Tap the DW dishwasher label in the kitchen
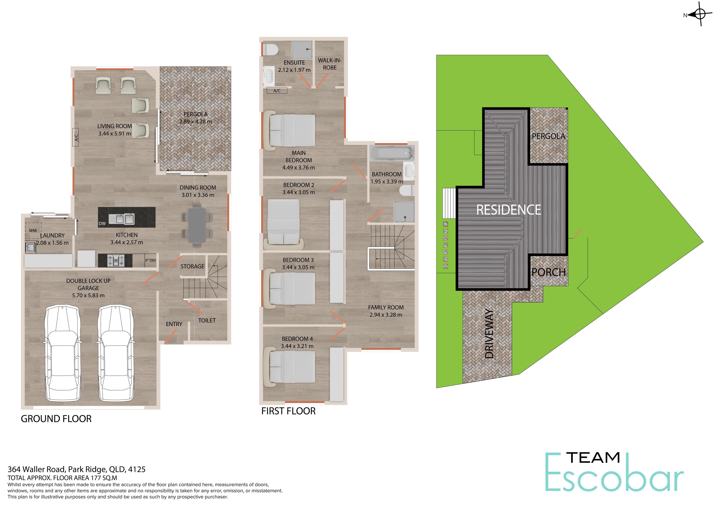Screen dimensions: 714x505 (x=102, y=223)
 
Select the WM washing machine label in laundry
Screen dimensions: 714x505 (x=33, y=231)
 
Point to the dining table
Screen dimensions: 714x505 (x=197, y=225)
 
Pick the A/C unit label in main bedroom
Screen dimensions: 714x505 (x=277, y=91)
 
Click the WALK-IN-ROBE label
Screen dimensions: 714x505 (x=330, y=64)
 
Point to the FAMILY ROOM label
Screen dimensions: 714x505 (x=386, y=307)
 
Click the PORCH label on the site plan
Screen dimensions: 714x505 (x=549, y=272)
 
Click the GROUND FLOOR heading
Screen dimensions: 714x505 (x=56, y=419)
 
